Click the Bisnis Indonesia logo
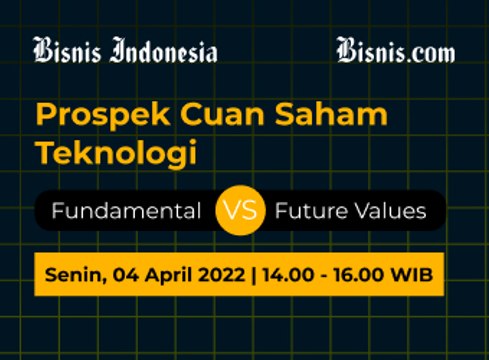125,50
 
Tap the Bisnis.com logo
395,50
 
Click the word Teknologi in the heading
115,155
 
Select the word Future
310,212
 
